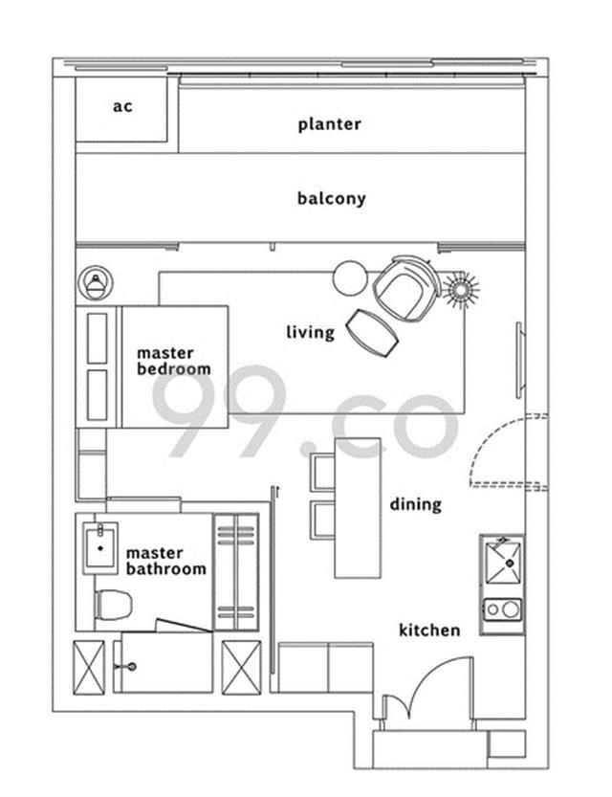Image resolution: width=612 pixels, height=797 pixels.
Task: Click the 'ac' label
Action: [122, 107]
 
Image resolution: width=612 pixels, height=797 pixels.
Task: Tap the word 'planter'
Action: [330, 124]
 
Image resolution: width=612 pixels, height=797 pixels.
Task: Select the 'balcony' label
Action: [331, 198]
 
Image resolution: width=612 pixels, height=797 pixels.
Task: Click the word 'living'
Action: [311, 332]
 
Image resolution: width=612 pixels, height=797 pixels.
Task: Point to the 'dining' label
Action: [415, 504]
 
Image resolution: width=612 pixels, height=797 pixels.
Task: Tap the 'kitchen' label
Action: [429, 631]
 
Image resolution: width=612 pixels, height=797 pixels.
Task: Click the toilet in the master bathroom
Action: [113, 605]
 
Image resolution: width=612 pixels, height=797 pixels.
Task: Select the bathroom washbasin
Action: [100, 548]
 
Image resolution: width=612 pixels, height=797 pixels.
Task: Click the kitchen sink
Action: [502, 564]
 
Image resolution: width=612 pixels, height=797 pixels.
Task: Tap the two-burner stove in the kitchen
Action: [502, 609]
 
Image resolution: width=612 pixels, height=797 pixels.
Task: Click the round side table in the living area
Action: [349, 277]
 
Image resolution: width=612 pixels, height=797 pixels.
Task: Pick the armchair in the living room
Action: [406, 288]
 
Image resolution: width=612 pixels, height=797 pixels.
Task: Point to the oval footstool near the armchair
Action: [372, 333]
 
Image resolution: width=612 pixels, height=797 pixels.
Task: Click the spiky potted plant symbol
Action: [461, 290]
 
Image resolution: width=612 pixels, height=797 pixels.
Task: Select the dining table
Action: [358, 508]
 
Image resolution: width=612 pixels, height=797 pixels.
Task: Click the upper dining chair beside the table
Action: [322, 473]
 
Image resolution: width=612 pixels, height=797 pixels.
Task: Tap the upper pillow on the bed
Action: [97, 338]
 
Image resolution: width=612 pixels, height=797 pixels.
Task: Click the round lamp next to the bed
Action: [96, 283]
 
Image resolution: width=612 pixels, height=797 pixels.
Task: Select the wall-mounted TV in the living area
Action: [518, 360]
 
